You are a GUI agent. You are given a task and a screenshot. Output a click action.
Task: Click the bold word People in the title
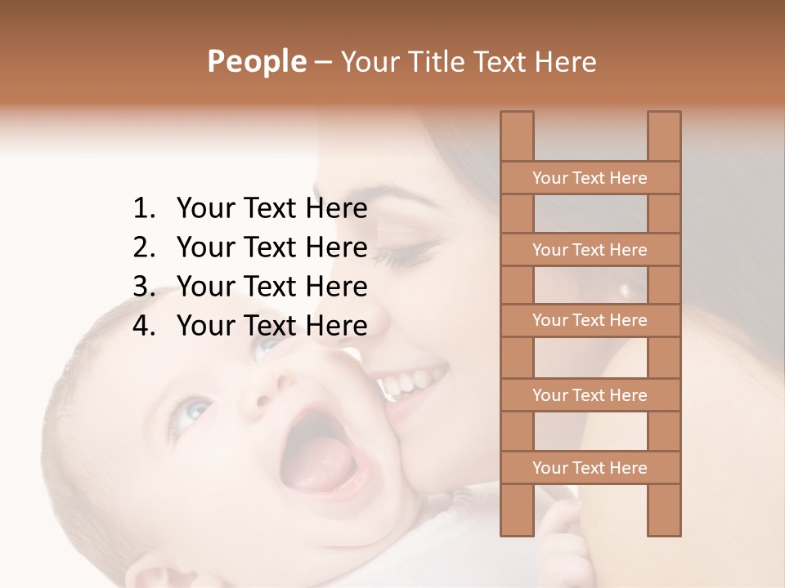(x=255, y=61)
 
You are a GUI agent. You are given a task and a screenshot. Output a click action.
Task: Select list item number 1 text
(x=271, y=209)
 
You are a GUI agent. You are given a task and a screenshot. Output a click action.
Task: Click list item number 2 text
(x=271, y=247)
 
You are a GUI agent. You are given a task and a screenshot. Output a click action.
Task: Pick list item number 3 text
(x=271, y=287)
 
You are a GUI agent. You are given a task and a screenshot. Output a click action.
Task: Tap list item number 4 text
(x=271, y=326)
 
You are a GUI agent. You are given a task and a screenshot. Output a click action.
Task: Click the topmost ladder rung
(x=590, y=178)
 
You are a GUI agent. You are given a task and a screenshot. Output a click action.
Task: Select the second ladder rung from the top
(x=590, y=250)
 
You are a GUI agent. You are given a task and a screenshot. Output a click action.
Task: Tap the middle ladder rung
(x=590, y=320)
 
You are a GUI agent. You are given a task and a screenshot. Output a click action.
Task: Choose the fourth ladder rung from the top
(x=590, y=395)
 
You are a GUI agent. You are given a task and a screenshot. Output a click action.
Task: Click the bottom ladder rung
(x=590, y=468)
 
